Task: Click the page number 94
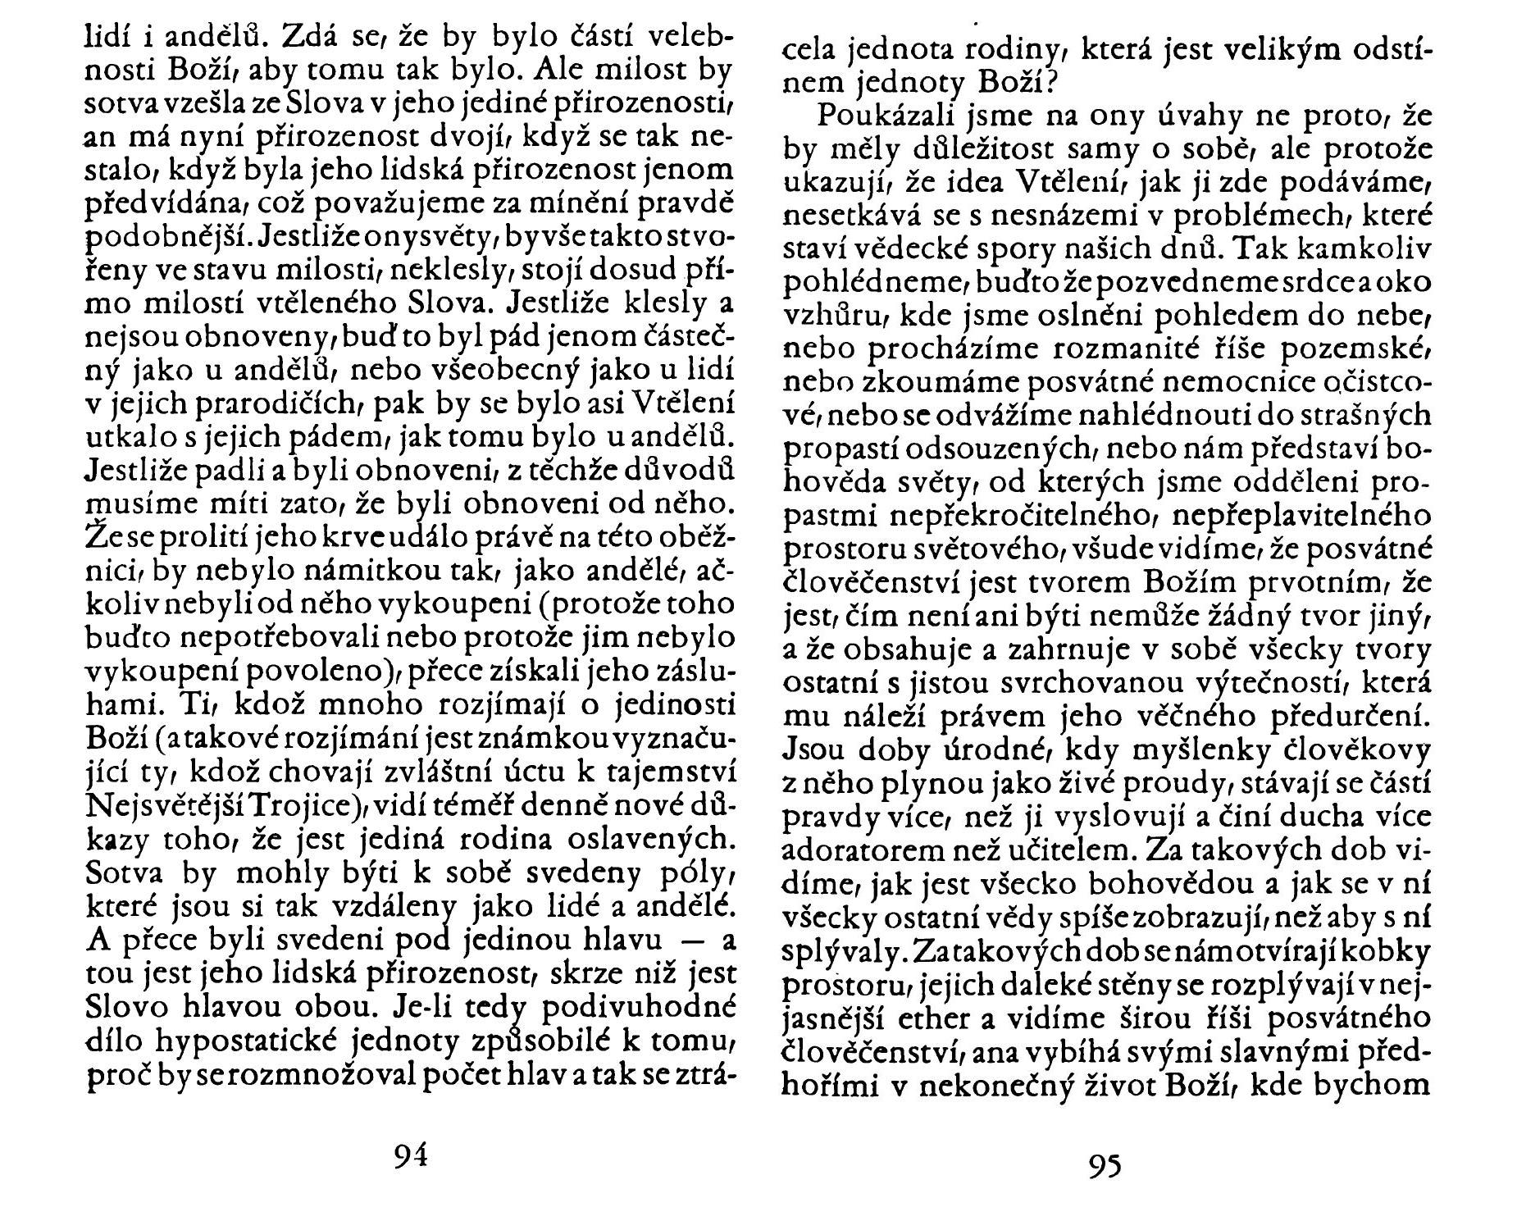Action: click(x=411, y=1155)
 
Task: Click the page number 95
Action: click(x=1105, y=1165)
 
